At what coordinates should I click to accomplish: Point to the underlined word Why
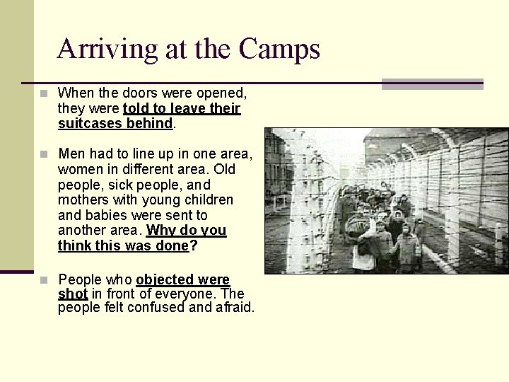coord(160,231)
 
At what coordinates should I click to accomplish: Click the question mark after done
coord(194,246)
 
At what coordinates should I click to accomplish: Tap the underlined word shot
coord(73,293)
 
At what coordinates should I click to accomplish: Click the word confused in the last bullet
coord(163,308)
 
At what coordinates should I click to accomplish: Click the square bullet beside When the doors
coord(45,93)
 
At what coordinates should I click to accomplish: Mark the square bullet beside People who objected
coord(45,279)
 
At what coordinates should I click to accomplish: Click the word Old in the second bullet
coord(225,170)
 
